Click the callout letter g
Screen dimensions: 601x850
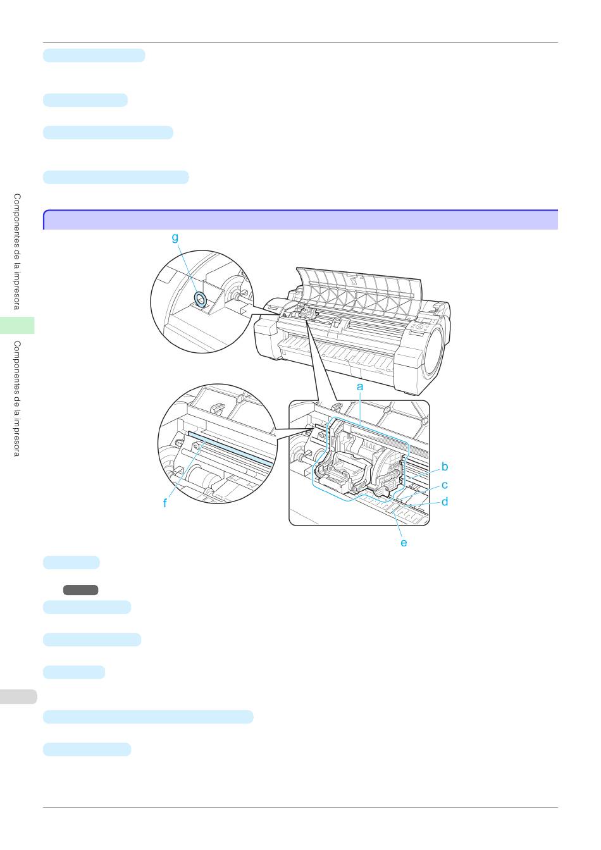175,238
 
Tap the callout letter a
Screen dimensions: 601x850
360,386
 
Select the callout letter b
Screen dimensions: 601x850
445,466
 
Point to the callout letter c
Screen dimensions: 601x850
445,485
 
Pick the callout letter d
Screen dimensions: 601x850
445,502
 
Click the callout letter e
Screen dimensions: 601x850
404,543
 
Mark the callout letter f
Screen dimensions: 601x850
164,503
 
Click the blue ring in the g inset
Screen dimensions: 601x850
200,299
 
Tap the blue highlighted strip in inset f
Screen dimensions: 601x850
230,448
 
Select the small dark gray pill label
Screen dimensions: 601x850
80,590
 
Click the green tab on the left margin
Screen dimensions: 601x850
17,325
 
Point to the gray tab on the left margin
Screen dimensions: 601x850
18,697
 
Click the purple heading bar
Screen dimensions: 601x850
300,219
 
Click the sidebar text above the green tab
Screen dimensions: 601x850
17,252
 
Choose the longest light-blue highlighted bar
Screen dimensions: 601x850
148,717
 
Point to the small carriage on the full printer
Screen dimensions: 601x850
308,314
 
